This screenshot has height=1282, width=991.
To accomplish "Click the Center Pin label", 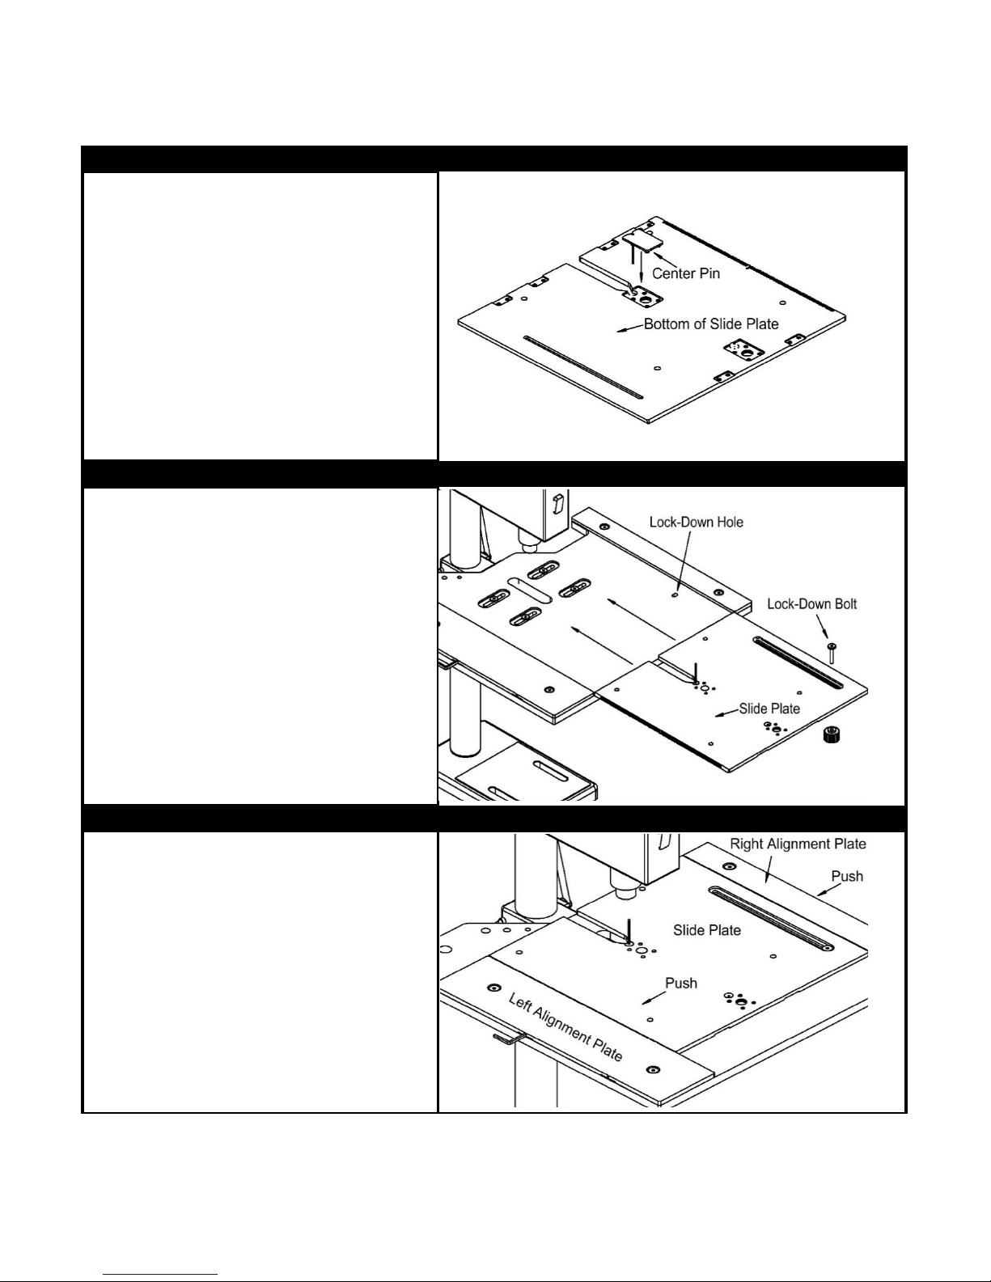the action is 685,273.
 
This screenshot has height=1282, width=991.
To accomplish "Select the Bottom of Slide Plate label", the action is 711,324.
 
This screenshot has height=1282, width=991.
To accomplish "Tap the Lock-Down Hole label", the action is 696,523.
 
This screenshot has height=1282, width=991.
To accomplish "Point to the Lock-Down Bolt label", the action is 811,604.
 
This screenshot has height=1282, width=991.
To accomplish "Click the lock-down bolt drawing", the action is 831,653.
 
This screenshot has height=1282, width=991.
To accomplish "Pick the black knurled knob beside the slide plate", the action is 832,735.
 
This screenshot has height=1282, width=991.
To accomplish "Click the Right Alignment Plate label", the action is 798,844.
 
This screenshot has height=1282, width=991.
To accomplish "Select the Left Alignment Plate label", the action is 565,1027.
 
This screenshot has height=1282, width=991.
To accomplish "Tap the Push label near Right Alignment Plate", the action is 847,876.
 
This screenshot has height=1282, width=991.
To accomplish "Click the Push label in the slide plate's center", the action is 680,983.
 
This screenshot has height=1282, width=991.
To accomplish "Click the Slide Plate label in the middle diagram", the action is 769,709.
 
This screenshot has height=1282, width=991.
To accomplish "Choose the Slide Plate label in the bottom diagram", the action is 707,930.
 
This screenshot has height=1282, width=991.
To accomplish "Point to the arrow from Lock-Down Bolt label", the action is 822,625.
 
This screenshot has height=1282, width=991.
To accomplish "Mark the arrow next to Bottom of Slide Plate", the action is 630,328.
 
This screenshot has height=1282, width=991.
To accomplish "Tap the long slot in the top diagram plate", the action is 582,367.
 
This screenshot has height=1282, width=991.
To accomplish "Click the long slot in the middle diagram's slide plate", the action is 798,662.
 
